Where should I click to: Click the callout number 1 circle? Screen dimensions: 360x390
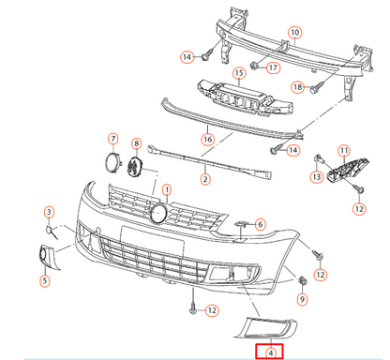pos(168,191)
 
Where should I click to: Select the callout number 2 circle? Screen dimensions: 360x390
pos(204,177)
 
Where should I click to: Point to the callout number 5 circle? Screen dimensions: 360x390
pos(44,278)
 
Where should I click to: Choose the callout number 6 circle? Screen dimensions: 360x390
pos(260,224)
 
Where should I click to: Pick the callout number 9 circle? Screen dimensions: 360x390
pos(303,299)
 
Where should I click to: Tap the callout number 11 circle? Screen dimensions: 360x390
pos(343,151)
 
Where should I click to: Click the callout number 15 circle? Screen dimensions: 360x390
pos(239,73)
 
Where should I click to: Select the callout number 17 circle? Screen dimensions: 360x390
pos(272,67)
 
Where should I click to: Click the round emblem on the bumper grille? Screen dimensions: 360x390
pos(159,213)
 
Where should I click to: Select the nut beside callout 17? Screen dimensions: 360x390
pos(253,67)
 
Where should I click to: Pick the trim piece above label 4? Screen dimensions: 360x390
pos(269,326)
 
